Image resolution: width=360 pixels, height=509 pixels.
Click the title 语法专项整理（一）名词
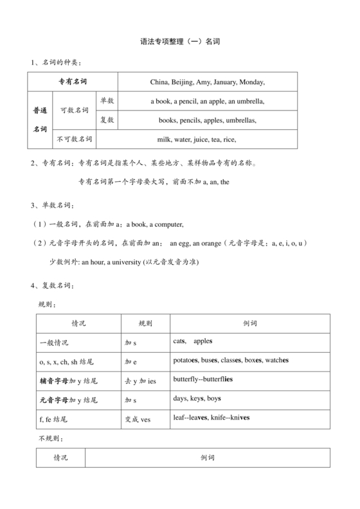pyautogui.click(x=180, y=40)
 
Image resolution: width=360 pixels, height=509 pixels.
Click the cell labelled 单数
pyautogui.click(x=107, y=101)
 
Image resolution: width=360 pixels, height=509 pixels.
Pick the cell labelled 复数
pyautogui.click(x=107, y=120)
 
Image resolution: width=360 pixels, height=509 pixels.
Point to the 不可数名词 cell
pyautogui.click(x=74, y=139)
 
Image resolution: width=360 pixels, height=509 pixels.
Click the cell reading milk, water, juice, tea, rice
pyautogui.click(x=197, y=139)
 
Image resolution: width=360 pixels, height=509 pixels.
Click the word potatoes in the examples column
pyautogui.click(x=188, y=361)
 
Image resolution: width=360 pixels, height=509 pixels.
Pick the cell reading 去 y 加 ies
pyautogui.click(x=140, y=380)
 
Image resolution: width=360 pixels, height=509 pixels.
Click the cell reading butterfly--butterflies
pyautogui.click(x=203, y=379)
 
